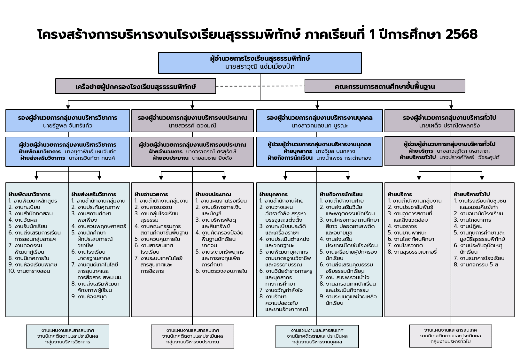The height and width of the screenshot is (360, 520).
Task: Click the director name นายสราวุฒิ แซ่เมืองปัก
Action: tap(260, 67)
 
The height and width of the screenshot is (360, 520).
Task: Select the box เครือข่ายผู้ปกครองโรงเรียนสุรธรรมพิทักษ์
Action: tap(136, 87)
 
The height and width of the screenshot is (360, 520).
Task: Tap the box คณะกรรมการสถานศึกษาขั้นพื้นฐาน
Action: tap(384, 86)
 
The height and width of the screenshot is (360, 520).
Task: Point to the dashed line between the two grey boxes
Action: tap(260, 86)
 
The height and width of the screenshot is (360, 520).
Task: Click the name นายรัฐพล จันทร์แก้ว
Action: tap(67, 126)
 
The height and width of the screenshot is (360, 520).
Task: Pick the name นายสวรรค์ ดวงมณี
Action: tap(192, 126)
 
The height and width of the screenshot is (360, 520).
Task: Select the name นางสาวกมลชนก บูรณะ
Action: tap(319, 126)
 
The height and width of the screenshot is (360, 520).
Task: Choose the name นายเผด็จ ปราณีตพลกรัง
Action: tap(449, 126)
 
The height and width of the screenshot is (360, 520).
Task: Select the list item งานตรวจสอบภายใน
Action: tap(224, 271)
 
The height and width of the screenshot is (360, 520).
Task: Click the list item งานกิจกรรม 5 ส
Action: tap(478, 264)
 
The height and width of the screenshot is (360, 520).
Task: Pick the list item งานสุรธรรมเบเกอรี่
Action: tap(415, 252)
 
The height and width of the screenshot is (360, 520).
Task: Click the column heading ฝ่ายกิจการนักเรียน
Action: tap(341, 194)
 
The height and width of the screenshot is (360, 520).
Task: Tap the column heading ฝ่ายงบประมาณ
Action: tap(213, 194)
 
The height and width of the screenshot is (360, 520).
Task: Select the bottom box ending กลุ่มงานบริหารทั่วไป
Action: tap(450, 336)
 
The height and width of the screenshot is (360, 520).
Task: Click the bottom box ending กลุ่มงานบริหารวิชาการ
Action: tap(67, 336)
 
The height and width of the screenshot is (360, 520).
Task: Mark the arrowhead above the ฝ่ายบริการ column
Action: tap(419, 178)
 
